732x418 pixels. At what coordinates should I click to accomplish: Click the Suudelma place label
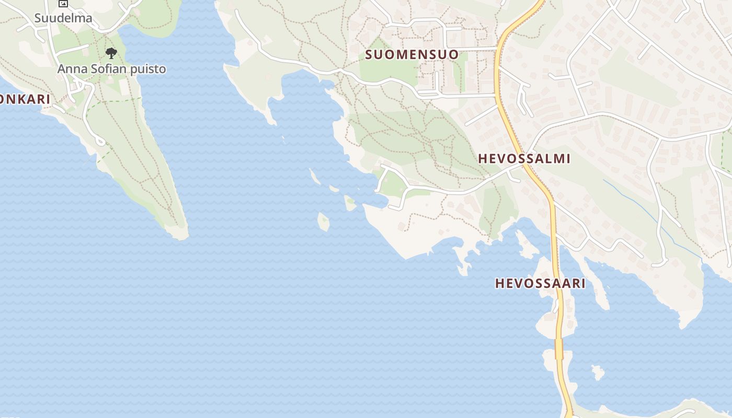click(x=63, y=18)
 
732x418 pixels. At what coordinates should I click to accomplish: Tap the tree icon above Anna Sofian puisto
click(x=111, y=52)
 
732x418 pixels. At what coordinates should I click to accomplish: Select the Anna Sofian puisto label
click(x=111, y=69)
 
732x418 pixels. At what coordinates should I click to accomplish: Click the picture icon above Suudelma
click(x=63, y=3)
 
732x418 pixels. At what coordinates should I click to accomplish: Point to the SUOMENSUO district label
click(x=412, y=54)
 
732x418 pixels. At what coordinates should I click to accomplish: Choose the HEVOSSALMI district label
click(x=524, y=159)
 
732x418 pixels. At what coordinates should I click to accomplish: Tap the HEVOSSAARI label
click(x=540, y=283)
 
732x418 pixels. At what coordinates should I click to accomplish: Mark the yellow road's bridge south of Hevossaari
click(x=558, y=349)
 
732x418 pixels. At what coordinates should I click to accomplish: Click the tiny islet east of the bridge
click(x=597, y=373)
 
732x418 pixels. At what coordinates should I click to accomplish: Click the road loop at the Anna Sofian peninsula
click(x=99, y=141)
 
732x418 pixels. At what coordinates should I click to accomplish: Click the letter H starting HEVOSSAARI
click(x=499, y=283)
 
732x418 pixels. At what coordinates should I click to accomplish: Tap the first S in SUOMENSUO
click(x=369, y=54)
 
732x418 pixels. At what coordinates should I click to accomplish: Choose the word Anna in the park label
click(x=69, y=69)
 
